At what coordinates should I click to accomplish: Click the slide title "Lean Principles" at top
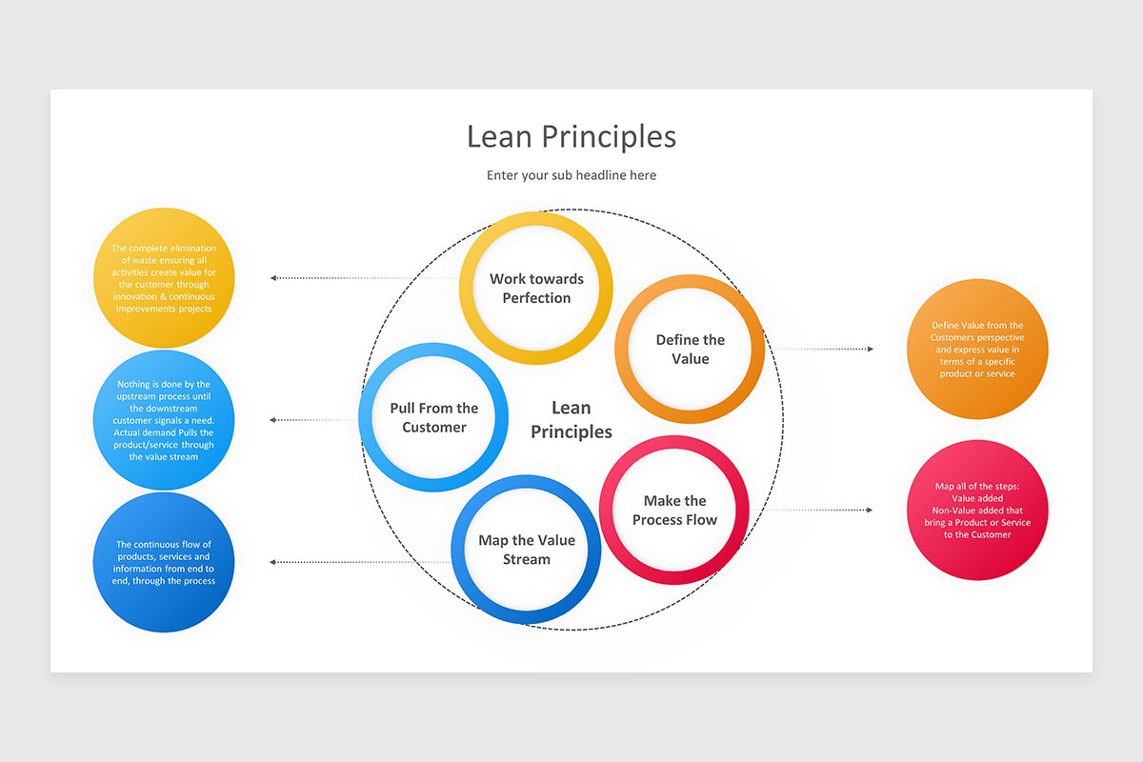(571, 136)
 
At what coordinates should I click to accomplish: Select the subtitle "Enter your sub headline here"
(571, 175)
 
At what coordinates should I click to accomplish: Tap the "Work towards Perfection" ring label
(536, 289)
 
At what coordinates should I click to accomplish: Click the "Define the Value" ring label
(691, 350)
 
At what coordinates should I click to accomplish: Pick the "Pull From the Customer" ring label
(434, 418)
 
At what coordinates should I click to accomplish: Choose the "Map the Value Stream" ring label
(527, 550)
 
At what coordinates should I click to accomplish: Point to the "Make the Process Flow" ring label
(674, 511)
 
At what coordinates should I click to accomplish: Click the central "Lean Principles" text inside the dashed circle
(571, 420)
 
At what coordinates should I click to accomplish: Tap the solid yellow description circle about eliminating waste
(163, 277)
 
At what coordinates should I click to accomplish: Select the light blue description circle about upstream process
(163, 420)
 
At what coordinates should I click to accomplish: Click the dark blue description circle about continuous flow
(163, 562)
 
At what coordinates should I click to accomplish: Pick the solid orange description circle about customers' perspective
(977, 350)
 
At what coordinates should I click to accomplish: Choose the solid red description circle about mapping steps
(977, 510)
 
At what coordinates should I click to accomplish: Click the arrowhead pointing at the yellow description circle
(273, 278)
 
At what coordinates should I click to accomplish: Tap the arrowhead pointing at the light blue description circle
(273, 420)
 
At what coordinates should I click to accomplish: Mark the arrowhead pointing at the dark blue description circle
(273, 562)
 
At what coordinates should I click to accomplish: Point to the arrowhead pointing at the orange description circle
(870, 350)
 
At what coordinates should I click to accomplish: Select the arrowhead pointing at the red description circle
(870, 511)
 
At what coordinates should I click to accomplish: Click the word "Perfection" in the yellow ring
(536, 298)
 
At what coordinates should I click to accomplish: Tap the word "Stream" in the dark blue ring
(527, 559)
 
